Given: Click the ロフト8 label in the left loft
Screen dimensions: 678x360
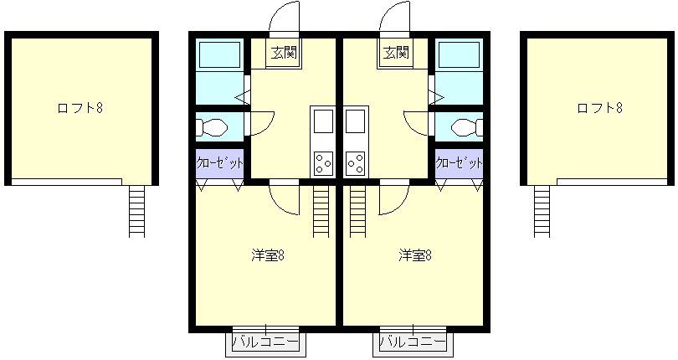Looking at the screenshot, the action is pos(80,108).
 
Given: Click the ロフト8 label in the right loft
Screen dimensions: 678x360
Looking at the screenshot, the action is pos(599,108).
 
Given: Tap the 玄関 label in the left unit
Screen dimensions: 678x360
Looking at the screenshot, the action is pos(283,53).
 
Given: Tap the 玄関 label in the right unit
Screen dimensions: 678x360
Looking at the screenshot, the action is pos(396,53).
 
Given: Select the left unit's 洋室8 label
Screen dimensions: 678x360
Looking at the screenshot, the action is pos(268,255).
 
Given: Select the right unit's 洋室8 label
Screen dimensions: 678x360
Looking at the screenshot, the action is pos(415,255).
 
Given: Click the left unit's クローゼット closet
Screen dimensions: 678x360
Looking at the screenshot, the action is pos(220,163).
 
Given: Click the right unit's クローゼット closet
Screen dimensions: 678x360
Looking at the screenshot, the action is pos(459,163).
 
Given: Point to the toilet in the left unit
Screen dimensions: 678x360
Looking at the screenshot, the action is pos(212,127).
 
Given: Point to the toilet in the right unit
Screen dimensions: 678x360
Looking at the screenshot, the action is pos(467,127).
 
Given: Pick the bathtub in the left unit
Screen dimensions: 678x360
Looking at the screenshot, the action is pos(218,54).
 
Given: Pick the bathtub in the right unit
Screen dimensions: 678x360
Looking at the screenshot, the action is pos(460,54).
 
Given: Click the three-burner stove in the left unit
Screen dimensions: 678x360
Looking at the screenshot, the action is pos(322,164).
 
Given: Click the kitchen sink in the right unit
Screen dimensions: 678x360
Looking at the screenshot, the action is pos(356,121).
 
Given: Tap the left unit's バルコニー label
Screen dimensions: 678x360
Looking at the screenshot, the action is pos(265,342).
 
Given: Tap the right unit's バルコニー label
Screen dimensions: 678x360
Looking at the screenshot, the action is pos(413,342).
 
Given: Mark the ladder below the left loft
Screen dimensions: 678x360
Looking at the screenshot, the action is pos(136,211).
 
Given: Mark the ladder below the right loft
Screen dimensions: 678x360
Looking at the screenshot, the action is pos(542,211).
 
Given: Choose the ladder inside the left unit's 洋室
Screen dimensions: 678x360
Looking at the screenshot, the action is pos(321,211).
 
